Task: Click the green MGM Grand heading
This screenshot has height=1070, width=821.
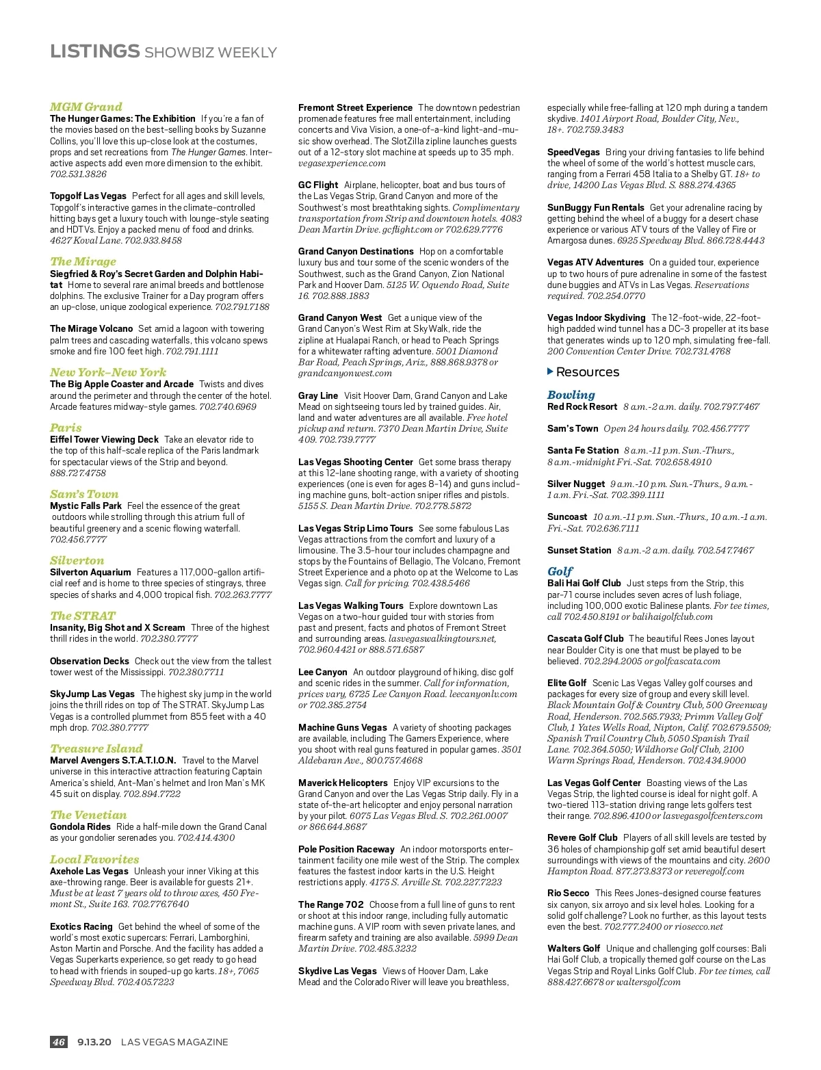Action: [x=86, y=107]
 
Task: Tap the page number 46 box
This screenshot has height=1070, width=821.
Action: [x=59, y=1042]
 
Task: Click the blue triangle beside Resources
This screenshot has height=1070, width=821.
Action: [x=550, y=371]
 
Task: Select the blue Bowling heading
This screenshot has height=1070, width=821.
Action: [x=571, y=395]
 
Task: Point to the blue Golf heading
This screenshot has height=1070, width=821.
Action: [x=560, y=571]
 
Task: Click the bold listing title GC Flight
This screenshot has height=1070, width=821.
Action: [x=318, y=185]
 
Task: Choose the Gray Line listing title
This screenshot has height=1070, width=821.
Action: [x=318, y=395]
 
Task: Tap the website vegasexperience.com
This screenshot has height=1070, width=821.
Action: [x=342, y=164]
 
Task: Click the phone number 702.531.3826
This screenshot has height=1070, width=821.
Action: [x=78, y=174]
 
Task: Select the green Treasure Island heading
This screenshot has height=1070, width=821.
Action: [x=96, y=748]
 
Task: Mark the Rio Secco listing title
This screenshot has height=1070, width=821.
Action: [x=568, y=893]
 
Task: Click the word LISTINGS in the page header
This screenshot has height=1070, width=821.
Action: [x=94, y=51]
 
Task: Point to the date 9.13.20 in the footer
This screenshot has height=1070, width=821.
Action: [x=94, y=1042]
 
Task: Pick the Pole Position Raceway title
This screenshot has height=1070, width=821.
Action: [x=346, y=849]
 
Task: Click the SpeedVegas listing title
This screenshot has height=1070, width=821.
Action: [x=573, y=152]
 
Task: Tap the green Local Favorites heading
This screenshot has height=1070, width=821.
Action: [x=94, y=859]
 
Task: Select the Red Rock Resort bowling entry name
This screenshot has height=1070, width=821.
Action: [x=582, y=406]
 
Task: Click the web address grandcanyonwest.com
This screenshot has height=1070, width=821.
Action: [x=345, y=374]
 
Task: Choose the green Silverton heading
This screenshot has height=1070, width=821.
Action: [x=77, y=560]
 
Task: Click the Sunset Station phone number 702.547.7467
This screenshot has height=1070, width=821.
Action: [x=725, y=550]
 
